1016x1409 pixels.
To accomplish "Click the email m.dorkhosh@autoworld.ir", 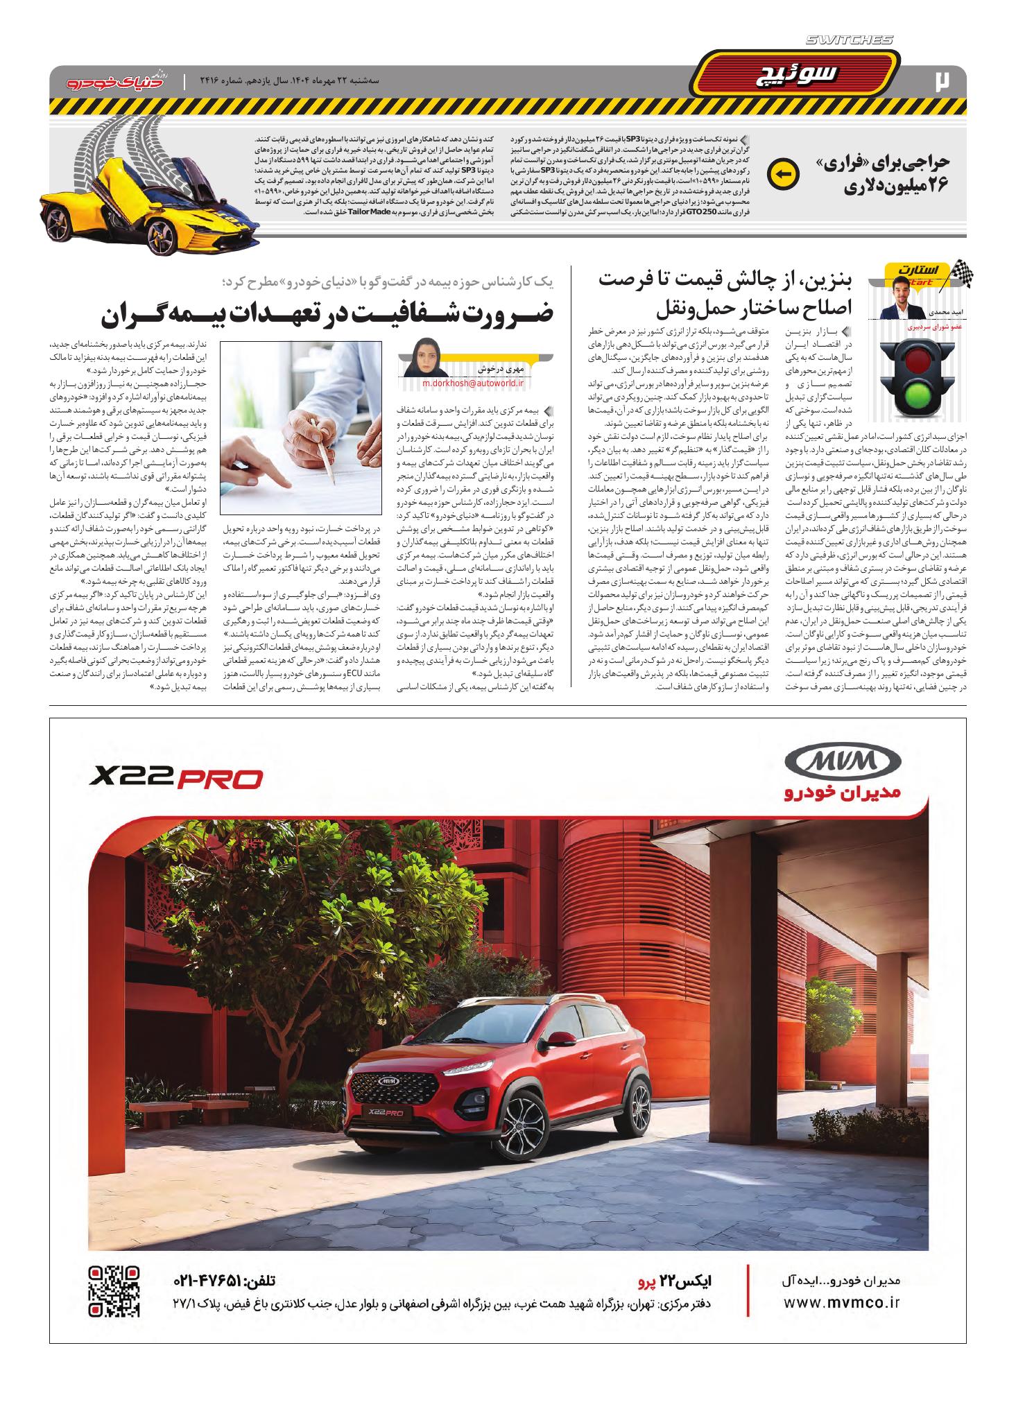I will (x=474, y=382).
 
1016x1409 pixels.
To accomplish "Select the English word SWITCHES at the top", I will (x=854, y=40).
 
